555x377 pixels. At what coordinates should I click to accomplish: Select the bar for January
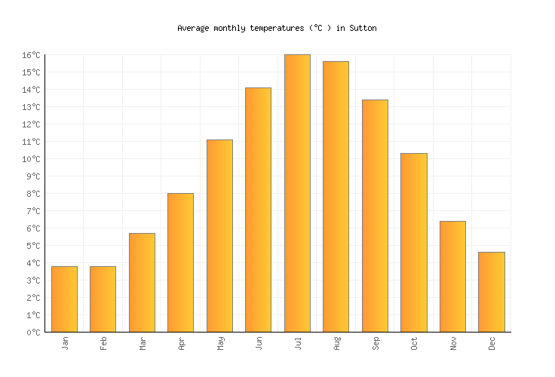[x=64, y=299]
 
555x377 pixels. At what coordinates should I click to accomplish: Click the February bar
[x=103, y=299]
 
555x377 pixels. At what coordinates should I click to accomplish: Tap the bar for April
[x=180, y=262]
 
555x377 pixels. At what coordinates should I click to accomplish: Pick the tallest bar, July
[x=297, y=193]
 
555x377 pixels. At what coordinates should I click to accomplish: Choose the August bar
[x=336, y=197]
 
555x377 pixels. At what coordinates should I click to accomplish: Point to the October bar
[x=413, y=243]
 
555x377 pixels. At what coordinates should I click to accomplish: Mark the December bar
[x=491, y=292]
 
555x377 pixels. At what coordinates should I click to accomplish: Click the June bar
[x=258, y=210]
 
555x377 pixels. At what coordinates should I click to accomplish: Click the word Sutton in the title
[x=363, y=28]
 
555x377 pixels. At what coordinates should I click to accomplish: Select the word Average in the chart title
[x=193, y=28]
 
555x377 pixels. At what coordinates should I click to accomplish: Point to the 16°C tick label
[x=31, y=55]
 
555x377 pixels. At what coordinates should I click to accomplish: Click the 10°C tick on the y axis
[x=31, y=159]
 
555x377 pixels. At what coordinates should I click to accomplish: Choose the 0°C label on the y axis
[x=33, y=333]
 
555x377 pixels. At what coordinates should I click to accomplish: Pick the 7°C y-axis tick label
[x=33, y=211]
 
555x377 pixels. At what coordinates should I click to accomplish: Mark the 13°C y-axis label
[x=31, y=107]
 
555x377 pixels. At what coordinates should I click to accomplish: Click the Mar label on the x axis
[x=142, y=343]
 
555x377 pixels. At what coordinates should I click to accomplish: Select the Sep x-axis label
[x=375, y=343]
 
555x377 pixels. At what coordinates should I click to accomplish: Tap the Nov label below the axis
[x=452, y=343]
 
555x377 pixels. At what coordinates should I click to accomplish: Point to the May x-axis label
[x=219, y=343]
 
